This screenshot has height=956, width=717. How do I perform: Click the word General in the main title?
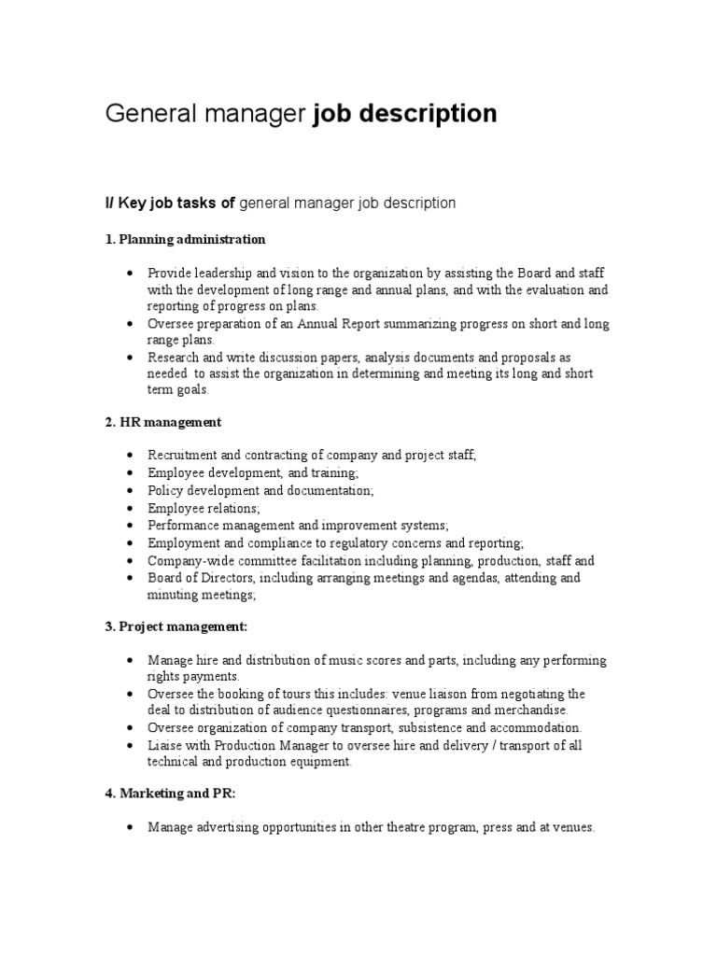click(x=142, y=114)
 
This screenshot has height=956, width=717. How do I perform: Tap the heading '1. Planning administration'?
click(x=185, y=240)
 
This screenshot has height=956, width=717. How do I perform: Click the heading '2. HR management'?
click(x=162, y=422)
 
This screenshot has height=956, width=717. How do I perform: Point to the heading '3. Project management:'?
click(x=176, y=626)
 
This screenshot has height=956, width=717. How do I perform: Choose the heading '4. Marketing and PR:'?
click(x=171, y=794)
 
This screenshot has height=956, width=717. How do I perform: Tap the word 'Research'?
click(x=175, y=358)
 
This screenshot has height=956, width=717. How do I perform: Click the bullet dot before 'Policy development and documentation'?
click(x=128, y=491)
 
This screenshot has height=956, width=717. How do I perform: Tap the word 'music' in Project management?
click(x=334, y=660)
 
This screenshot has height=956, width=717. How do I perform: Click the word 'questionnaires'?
click(x=352, y=710)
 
